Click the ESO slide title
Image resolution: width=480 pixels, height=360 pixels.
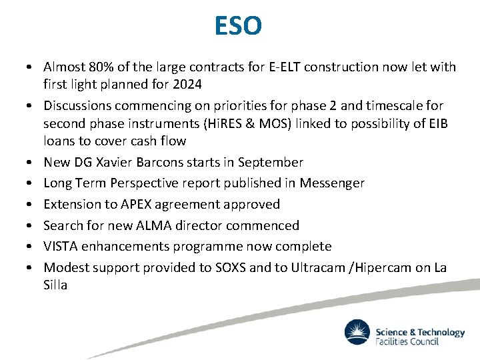click(239, 27)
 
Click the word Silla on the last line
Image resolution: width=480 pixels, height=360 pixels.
click(55, 285)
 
